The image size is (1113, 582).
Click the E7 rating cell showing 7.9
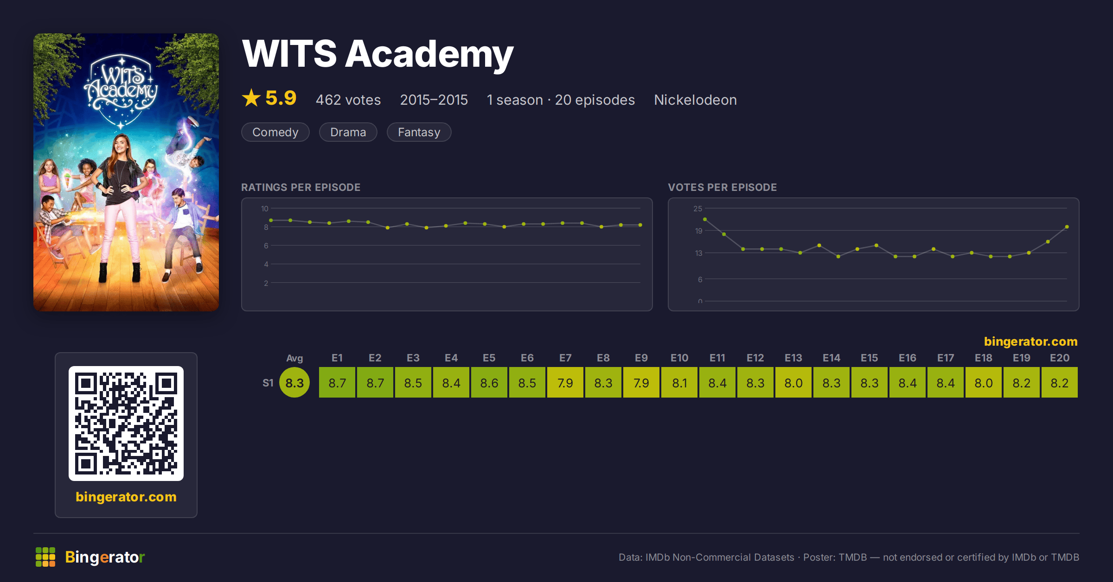(565, 383)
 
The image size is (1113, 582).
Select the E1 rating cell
(337, 383)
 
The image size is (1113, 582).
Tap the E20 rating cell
(1060, 383)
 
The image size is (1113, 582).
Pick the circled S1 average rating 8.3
(294, 383)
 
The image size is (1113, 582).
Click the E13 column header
(793, 358)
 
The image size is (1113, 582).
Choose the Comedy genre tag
(275, 132)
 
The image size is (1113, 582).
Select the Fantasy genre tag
(419, 132)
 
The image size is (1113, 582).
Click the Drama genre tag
(348, 132)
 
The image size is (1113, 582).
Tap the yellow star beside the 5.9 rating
(251, 98)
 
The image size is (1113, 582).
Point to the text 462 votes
(348, 100)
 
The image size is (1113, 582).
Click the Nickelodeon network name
(695, 100)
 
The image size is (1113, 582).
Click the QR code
(126, 424)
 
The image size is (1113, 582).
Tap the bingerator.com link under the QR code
(126, 497)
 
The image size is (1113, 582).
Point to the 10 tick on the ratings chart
(265, 209)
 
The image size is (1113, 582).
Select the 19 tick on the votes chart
(698, 231)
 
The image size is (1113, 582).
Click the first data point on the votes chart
(705, 219)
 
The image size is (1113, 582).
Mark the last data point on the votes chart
(1067, 227)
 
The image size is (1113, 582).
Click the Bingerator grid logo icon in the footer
(45, 557)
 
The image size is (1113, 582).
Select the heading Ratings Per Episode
(301, 187)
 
